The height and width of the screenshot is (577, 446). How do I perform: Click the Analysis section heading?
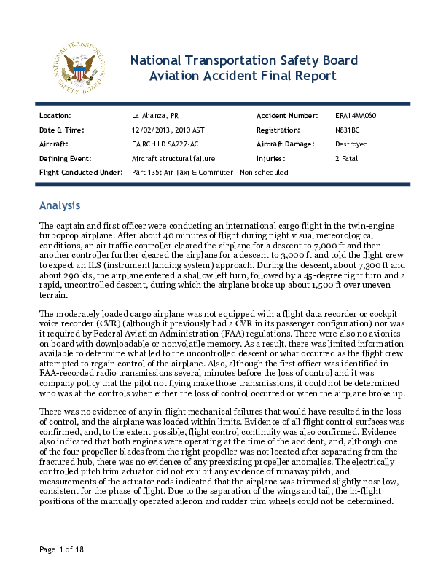60,205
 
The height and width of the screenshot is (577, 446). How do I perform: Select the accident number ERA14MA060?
356,116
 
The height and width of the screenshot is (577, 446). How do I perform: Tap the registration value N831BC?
347,130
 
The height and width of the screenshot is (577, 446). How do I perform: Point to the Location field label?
55,116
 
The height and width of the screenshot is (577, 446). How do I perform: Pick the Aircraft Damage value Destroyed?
351,144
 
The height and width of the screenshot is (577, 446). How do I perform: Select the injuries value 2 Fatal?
346,158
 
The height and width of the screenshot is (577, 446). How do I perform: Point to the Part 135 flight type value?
210,172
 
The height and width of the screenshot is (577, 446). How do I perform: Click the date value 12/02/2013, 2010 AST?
168,130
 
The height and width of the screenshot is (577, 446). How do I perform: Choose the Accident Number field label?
287,116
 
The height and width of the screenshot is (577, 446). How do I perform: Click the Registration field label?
278,130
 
